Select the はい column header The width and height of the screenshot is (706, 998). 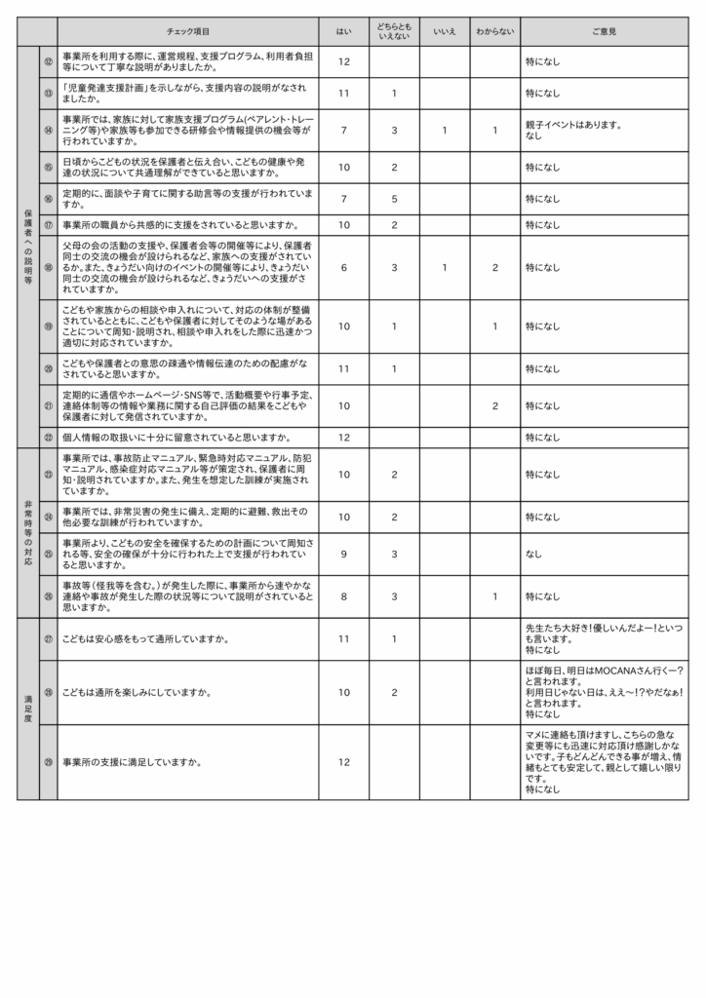click(343, 31)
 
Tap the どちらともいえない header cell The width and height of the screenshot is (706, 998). click(393, 31)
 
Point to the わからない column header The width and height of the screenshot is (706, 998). click(494, 31)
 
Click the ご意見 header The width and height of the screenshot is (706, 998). click(604, 31)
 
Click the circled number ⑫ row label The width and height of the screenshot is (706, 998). click(48, 61)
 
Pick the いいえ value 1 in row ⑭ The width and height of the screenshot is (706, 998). click(444, 130)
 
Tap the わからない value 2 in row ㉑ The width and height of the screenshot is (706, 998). click(494, 405)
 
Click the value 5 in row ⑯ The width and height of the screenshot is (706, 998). click(393, 199)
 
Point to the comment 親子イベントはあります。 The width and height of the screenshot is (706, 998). click(573, 125)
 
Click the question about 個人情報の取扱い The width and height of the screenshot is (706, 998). click(176, 438)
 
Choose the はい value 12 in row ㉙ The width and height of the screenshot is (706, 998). click(343, 762)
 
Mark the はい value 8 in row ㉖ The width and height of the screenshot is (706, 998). click(343, 596)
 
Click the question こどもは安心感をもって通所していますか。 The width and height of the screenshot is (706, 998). click(145, 639)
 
